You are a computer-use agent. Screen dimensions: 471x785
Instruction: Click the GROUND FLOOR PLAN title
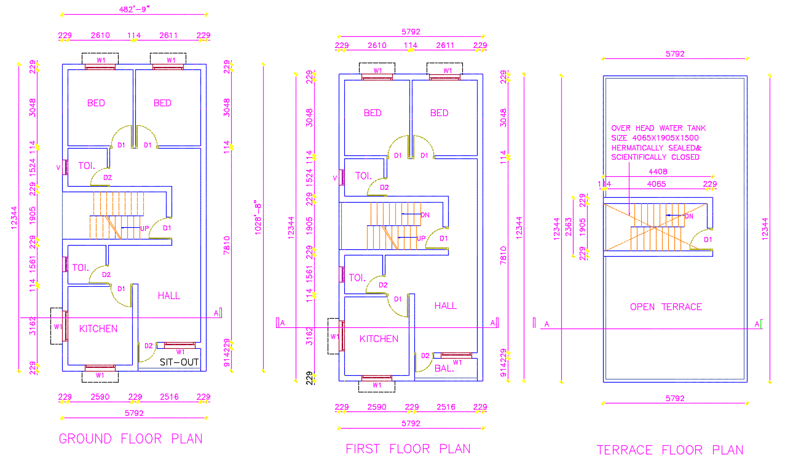(x=130, y=439)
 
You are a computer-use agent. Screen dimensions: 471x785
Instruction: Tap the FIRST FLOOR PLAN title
(x=408, y=449)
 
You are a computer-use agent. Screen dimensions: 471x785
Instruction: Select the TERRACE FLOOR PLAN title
(x=670, y=450)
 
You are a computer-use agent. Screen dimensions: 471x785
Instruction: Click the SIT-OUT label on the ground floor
(x=179, y=362)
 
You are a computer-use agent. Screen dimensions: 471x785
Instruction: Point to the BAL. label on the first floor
(x=444, y=368)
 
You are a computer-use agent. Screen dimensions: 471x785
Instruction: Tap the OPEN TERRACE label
(x=666, y=307)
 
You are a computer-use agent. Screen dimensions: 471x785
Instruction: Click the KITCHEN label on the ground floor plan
(x=98, y=329)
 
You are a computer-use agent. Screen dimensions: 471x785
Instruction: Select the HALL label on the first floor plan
(x=446, y=306)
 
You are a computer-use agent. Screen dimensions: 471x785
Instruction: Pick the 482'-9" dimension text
(x=135, y=9)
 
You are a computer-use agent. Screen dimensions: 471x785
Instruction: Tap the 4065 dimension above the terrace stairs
(x=657, y=184)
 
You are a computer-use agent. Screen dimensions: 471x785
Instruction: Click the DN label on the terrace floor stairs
(x=689, y=216)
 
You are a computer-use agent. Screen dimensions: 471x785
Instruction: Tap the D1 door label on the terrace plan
(x=708, y=239)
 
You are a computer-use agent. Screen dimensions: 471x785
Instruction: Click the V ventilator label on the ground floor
(x=58, y=167)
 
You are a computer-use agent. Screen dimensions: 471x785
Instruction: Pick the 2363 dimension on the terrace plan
(x=569, y=226)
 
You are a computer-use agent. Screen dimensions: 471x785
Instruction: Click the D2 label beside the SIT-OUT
(x=148, y=346)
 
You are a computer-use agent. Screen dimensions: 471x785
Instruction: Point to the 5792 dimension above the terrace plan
(x=674, y=54)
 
